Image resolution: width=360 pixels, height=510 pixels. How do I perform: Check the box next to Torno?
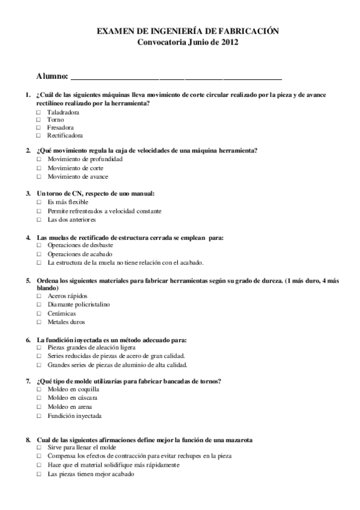38,120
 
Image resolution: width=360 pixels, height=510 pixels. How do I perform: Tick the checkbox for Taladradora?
38,112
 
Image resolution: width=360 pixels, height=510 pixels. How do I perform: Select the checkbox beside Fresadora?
38,127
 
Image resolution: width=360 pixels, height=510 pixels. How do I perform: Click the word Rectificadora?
65,136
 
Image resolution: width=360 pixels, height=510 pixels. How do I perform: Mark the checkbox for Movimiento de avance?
38,177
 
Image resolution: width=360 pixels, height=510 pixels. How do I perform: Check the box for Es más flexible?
38,202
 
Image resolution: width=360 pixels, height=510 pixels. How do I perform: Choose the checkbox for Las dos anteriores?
38,220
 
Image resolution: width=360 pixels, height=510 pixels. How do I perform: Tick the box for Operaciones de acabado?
38,254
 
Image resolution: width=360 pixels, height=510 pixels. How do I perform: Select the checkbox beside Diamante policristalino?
38,304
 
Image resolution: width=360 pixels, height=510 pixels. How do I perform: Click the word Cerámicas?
61,313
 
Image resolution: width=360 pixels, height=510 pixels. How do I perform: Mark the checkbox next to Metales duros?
38,322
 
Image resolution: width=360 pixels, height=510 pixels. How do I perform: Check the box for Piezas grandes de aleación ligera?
38,348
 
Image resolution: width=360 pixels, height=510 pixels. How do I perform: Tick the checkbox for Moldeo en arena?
38,407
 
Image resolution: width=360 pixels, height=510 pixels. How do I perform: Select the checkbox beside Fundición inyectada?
38,416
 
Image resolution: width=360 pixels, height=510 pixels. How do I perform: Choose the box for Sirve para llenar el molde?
38,448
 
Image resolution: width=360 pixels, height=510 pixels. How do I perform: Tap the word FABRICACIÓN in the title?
246,32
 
